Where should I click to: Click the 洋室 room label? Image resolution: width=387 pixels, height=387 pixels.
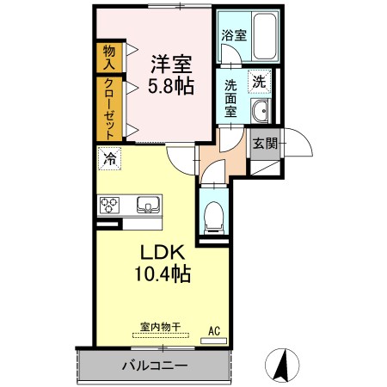click(x=171, y=64)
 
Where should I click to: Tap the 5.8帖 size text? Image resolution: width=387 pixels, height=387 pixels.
click(x=171, y=85)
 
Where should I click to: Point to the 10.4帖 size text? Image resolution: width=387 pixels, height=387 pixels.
click(x=163, y=273)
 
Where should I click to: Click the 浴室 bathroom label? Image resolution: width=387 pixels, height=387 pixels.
click(x=234, y=35)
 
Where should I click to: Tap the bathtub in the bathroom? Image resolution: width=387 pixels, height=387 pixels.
click(x=266, y=35)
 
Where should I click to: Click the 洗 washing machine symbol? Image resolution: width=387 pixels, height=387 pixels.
click(x=260, y=82)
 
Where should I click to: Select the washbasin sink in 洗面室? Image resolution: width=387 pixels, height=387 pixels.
click(x=261, y=111)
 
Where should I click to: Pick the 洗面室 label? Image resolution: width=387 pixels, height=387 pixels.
click(x=230, y=98)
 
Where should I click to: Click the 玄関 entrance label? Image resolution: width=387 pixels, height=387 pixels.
click(x=265, y=143)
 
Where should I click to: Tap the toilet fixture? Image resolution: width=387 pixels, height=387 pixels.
click(x=212, y=217)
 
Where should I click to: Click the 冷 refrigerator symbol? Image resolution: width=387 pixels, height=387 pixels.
click(x=110, y=158)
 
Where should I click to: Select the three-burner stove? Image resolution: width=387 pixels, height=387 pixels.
click(x=109, y=206)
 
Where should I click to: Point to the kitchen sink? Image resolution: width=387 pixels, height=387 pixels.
click(x=148, y=205)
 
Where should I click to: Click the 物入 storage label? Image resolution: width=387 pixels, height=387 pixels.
click(x=109, y=58)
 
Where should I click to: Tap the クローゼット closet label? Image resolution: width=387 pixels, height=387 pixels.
click(x=109, y=109)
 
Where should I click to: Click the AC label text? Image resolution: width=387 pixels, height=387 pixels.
click(x=214, y=331)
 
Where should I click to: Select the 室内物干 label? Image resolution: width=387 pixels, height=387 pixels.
click(x=161, y=327)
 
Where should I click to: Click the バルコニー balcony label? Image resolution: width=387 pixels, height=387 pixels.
click(x=155, y=365)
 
